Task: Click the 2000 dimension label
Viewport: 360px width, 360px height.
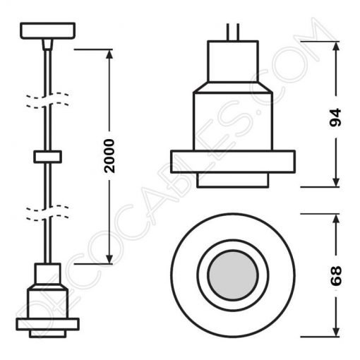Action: (x=109, y=155)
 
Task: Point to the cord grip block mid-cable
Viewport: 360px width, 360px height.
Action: (x=47, y=156)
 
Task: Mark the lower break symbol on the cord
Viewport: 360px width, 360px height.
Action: (x=47, y=210)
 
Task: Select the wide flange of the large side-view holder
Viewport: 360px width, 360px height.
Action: (x=232, y=161)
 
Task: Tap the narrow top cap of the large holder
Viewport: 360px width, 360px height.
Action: (x=232, y=57)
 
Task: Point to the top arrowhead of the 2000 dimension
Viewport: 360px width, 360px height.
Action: (x=109, y=54)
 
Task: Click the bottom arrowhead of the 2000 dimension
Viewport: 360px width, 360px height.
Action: (x=109, y=259)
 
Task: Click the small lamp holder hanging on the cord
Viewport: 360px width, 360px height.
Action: (x=47, y=296)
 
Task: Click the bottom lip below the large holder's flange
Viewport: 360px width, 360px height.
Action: (x=232, y=180)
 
